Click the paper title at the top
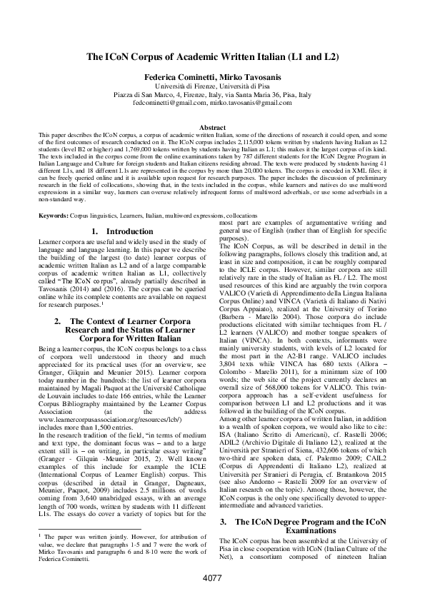(x=212, y=56)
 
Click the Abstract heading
(x=212, y=127)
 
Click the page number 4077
(x=212, y=577)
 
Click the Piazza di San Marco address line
(x=212, y=94)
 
